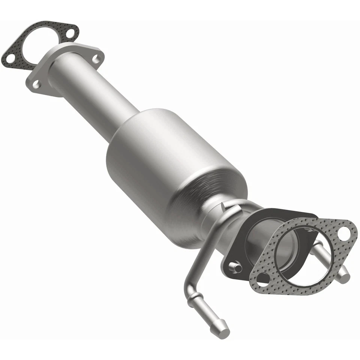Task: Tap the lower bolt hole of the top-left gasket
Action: click(11, 59)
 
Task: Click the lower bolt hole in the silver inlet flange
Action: click(36, 84)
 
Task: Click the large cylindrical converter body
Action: click(169, 161)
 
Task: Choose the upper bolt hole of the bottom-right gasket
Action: click(343, 233)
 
